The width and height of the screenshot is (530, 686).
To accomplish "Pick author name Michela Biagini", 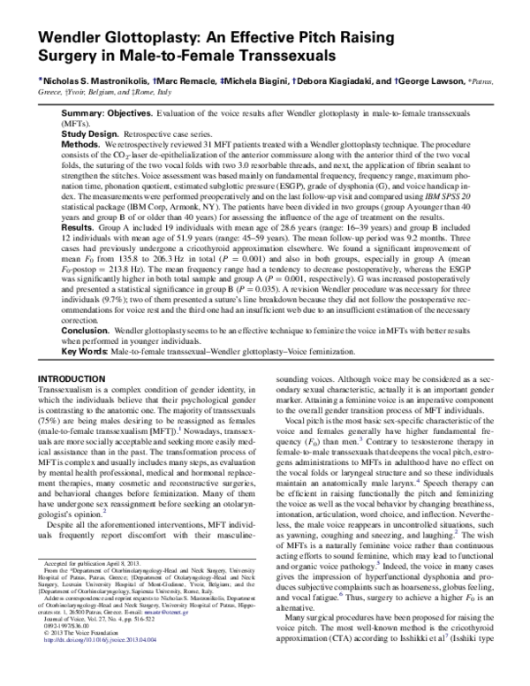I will click(x=272, y=80).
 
